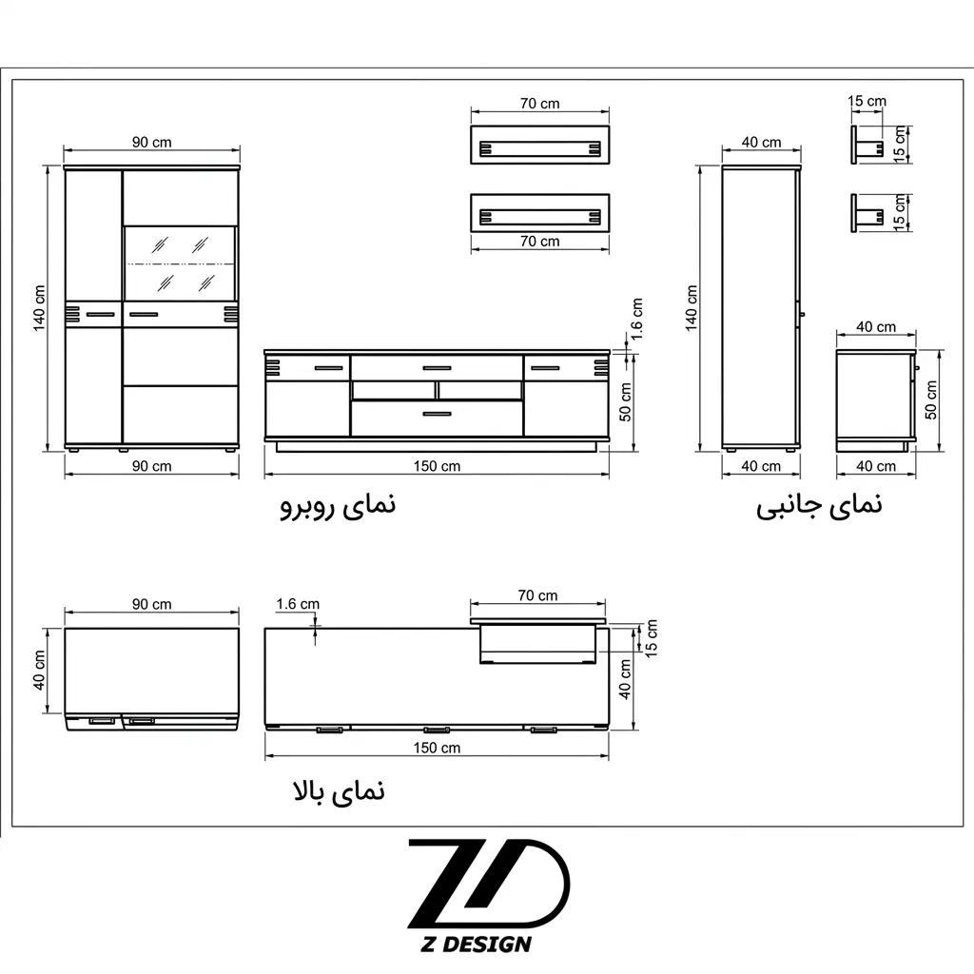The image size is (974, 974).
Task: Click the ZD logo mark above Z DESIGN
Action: pyautogui.click(x=489, y=884)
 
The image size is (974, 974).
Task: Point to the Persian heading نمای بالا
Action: pyautogui.click(x=340, y=792)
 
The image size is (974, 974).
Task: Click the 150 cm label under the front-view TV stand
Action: pyautogui.click(x=437, y=466)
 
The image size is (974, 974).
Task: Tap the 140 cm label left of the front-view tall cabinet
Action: pyautogui.click(x=39, y=308)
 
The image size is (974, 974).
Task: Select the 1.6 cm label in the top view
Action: pyautogui.click(x=298, y=604)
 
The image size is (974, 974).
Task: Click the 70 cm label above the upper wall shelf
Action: pyautogui.click(x=540, y=104)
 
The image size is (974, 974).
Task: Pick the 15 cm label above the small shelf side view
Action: pyautogui.click(x=867, y=101)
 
